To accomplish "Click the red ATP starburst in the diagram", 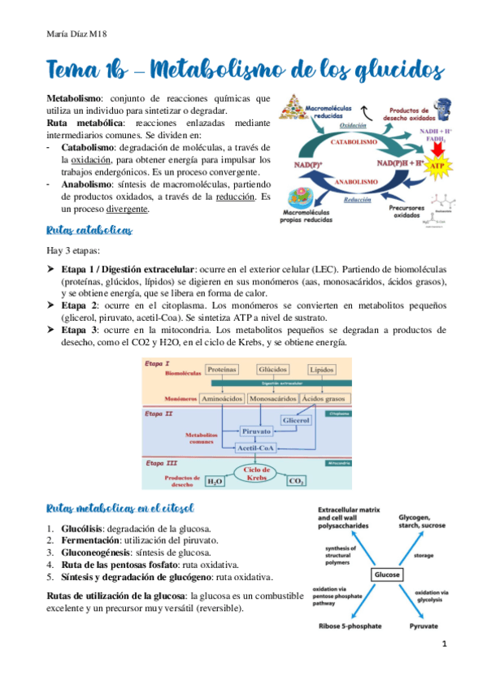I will pos(437,167).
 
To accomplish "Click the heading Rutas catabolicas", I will pos(89,231).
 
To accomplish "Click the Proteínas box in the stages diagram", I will pos(222,369).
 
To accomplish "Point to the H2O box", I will pos(215,482).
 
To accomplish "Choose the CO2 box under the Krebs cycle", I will pos(297,482).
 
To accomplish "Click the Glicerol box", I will pos(296,419).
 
